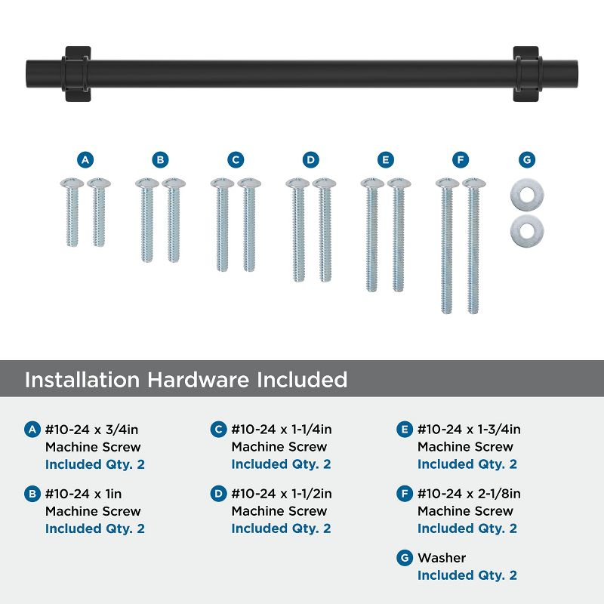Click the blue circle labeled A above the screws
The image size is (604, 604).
pyautogui.click(x=85, y=160)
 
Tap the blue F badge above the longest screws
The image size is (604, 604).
pyautogui.click(x=461, y=160)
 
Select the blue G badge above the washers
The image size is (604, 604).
pyautogui.click(x=527, y=160)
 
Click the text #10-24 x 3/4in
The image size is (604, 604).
pyautogui.click(x=92, y=430)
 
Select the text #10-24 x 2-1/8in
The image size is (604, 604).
pyautogui.click(x=469, y=494)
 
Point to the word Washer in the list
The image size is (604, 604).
pyautogui.click(x=442, y=558)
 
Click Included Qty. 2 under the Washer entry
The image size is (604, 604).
pyautogui.click(x=467, y=575)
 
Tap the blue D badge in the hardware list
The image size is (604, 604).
pyautogui.click(x=218, y=495)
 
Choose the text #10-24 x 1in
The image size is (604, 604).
pyautogui.click(x=82, y=494)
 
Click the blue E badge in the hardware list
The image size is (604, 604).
pyautogui.click(x=404, y=430)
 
